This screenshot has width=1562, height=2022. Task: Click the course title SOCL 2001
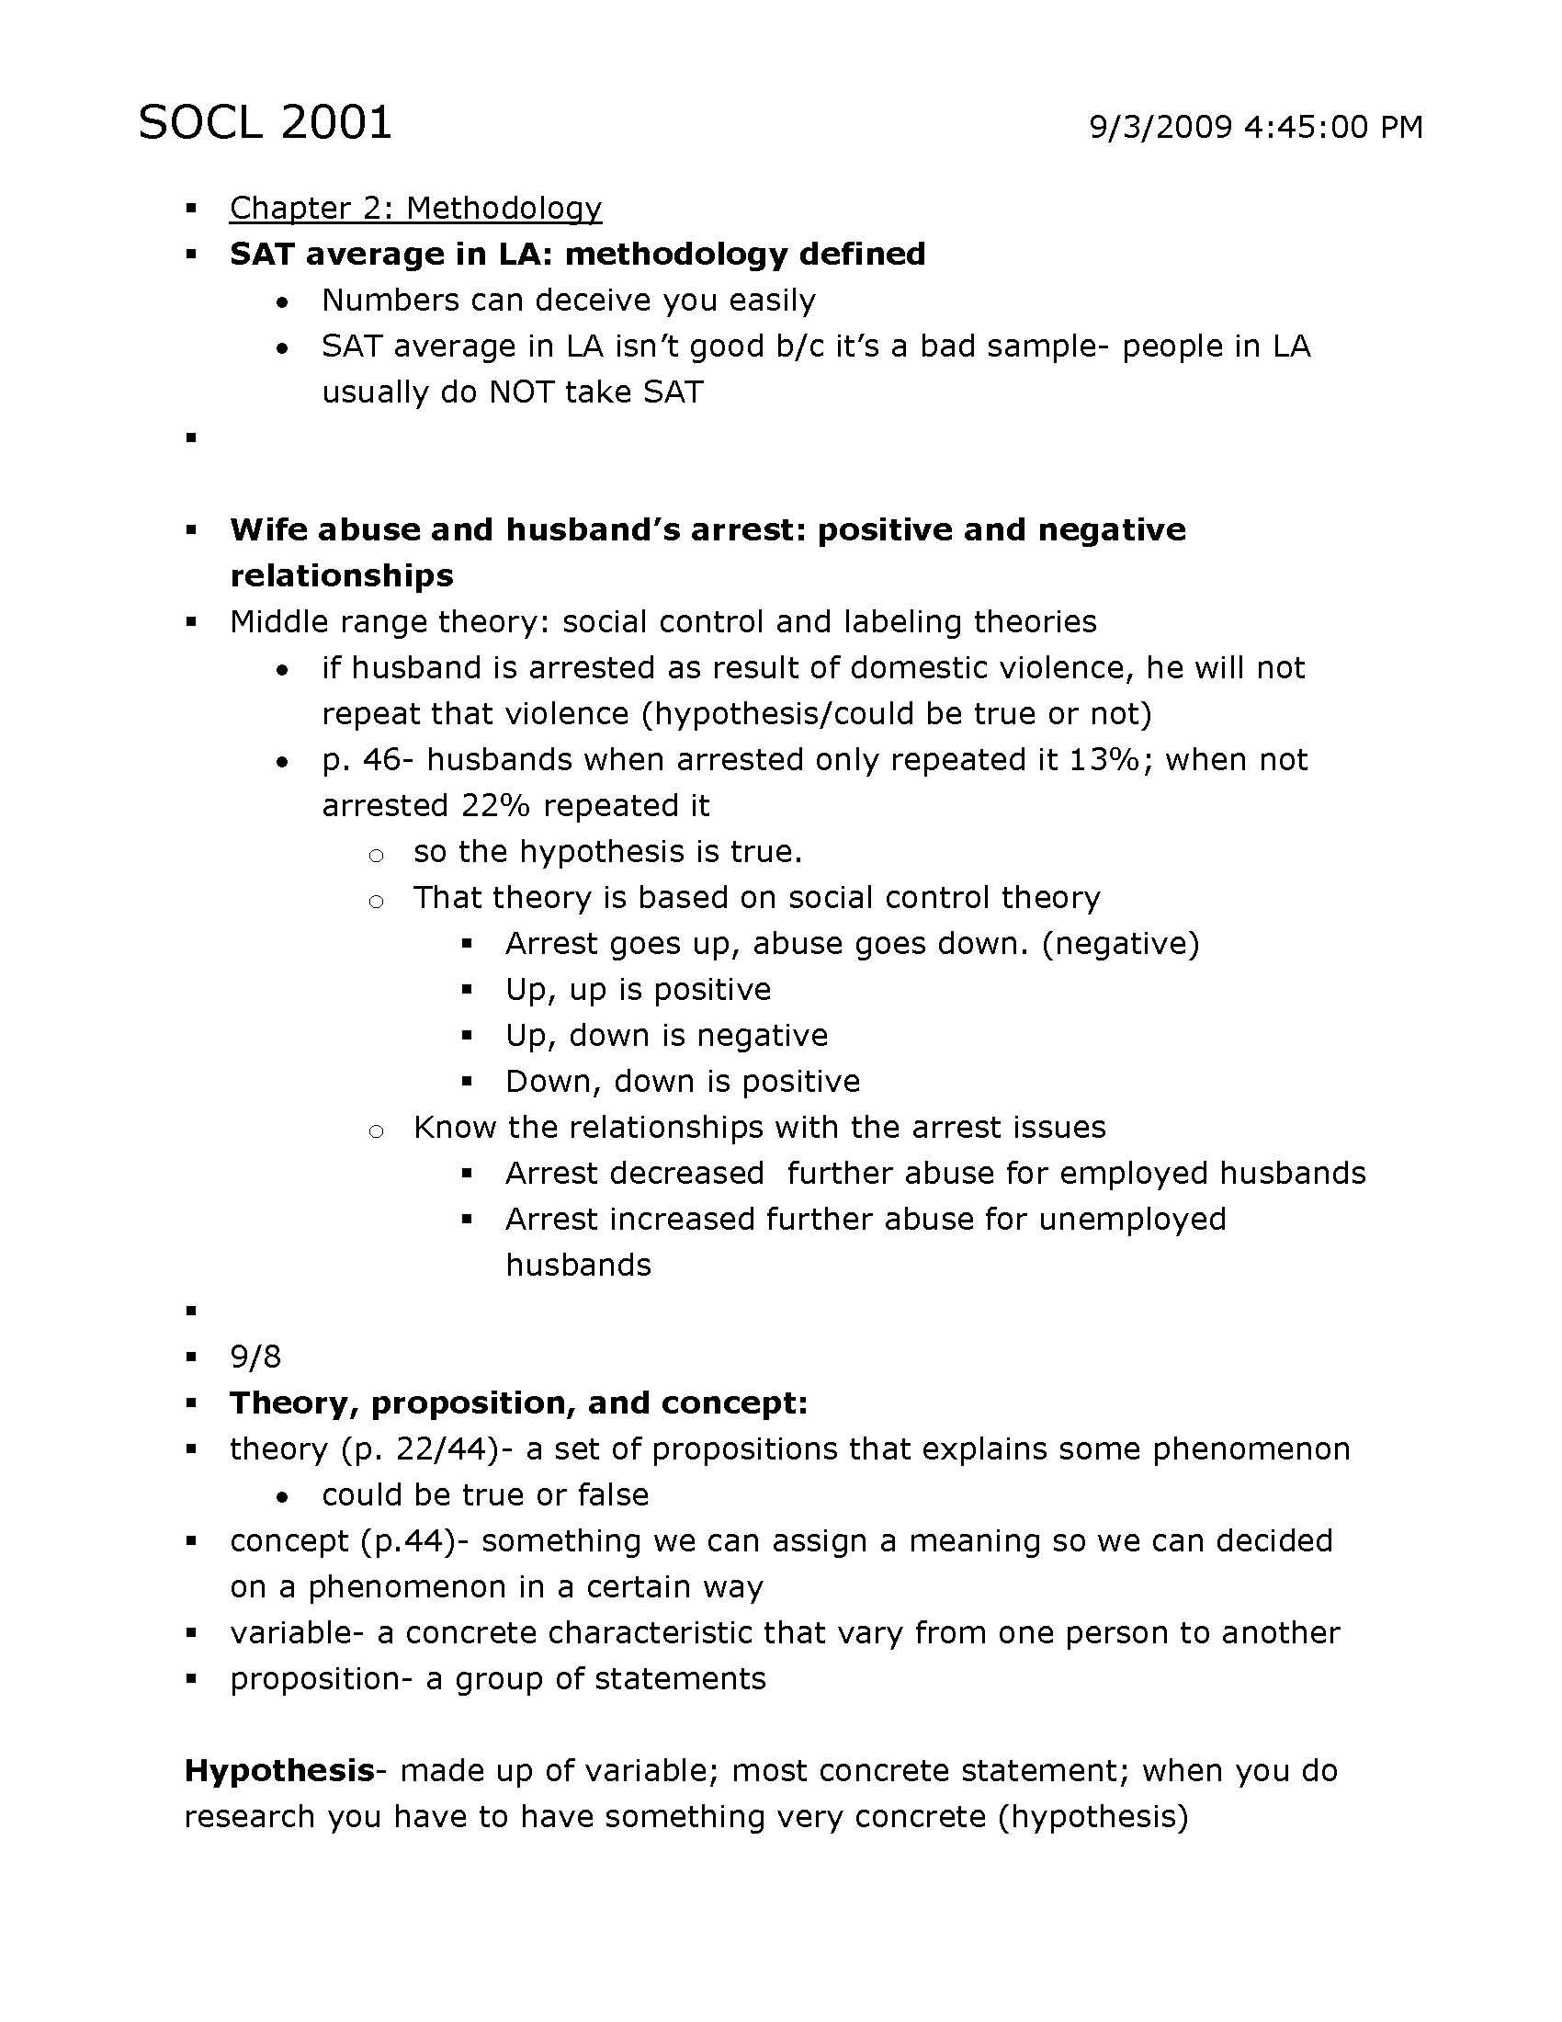pos(265,122)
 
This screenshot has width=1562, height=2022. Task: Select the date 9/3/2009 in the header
pos(1160,127)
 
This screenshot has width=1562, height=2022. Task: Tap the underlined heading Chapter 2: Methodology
pos(415,208)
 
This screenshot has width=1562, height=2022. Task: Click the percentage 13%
pos(1104,759)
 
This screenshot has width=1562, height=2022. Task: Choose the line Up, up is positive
pos(638,989)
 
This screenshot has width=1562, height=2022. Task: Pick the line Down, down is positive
pos(682,1082)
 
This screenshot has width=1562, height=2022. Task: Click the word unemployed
pos(1132,1220)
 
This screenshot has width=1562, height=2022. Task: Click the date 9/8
pos(255,1357)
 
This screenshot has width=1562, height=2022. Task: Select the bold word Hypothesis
pos(278,1771)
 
